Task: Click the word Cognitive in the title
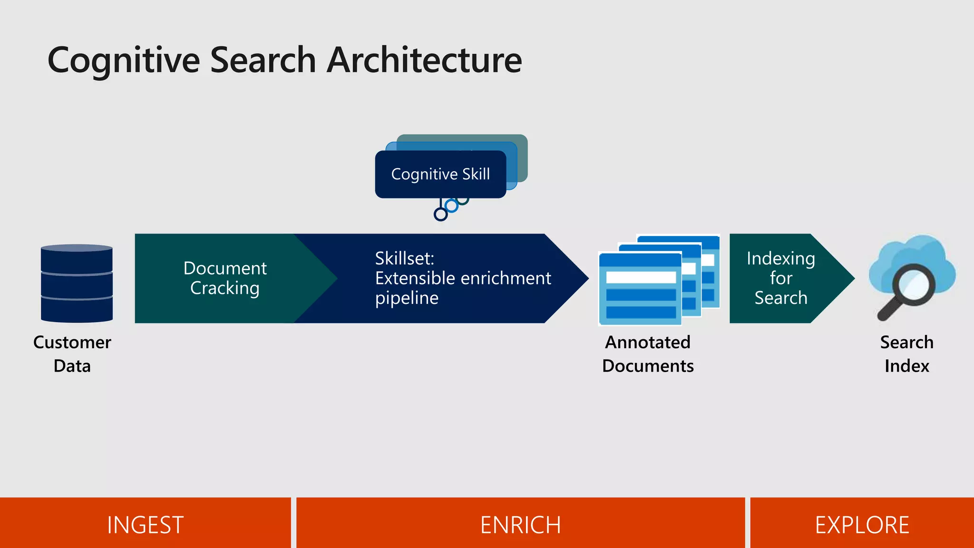[x=124, y=61]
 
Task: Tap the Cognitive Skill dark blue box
[x=440, y=174]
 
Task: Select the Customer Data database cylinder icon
[x=77, y=284]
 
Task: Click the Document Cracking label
[x=225, y=278]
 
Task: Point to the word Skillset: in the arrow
[x=404, y=259]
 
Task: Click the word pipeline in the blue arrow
[x=407, y=298]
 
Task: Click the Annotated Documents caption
[x=647, y=354]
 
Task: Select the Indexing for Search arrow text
[x=780, y=278]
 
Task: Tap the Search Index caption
[x=906, y=354]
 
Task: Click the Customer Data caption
[x=72, y=354]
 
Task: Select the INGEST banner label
[x=145, y=525]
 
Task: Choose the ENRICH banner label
[x=520, y=525]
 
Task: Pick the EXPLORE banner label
[x=862, y=525]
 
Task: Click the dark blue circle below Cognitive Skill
[x=441, y=215]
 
